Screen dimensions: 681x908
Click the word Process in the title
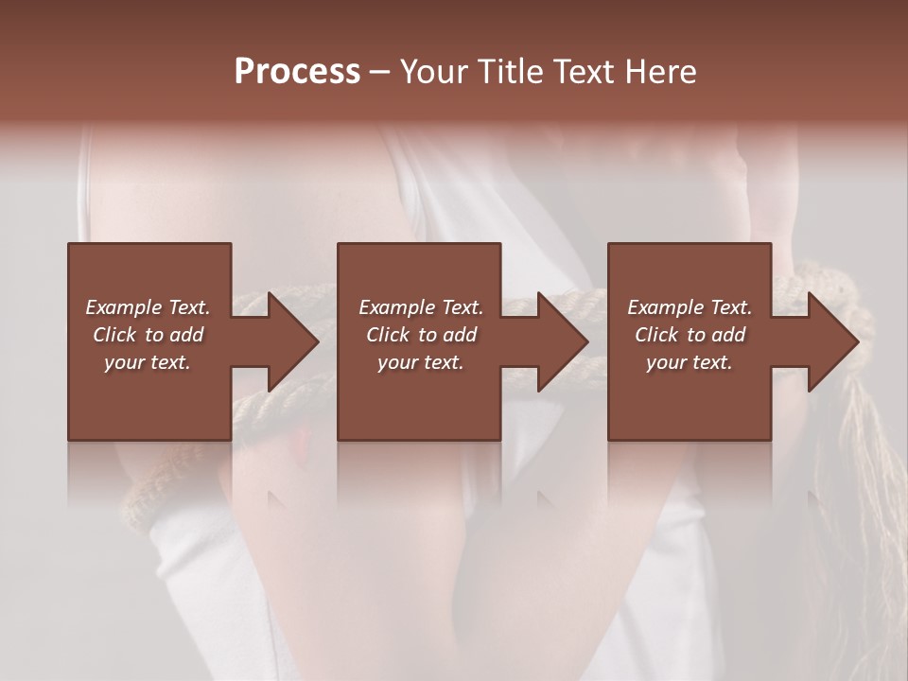[297, 72]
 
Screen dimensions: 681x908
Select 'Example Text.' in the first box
[148, 307]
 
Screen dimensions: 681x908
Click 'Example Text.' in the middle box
[421, 307]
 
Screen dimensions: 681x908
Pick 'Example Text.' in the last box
[690, 307]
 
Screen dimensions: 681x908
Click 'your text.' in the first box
[148, 362]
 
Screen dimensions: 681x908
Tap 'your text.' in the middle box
[421, 362]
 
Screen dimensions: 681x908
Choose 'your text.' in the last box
[690, 362]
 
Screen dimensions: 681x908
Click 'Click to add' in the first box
[148, 335]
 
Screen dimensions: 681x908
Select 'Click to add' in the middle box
[421, 335]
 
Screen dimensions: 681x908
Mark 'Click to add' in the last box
[690, 335]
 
